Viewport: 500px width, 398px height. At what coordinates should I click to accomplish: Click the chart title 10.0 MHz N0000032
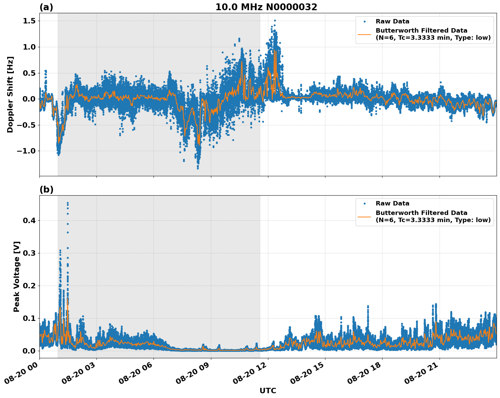tap(266, 7)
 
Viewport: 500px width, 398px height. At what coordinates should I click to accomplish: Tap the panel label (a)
tap(46, 7)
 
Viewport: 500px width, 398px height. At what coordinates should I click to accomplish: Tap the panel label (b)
tap(46, 189)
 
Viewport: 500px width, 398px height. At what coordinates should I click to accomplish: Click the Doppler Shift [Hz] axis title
tap(10, 94)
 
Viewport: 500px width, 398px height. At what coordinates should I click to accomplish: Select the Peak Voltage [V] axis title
tap(17, 276)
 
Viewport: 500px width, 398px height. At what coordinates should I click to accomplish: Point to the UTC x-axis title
tap(268, 391)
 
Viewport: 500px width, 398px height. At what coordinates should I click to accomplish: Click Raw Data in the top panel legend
tap(392, 21)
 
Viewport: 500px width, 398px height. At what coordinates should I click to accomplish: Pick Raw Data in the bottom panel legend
tap(392, 203)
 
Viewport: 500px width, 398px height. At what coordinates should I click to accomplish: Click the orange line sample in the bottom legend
tap(364, 216)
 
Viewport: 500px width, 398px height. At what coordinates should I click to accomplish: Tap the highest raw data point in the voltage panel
tap(68, 203)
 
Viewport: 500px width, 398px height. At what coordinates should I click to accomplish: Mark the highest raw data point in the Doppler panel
tap(275, 21)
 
